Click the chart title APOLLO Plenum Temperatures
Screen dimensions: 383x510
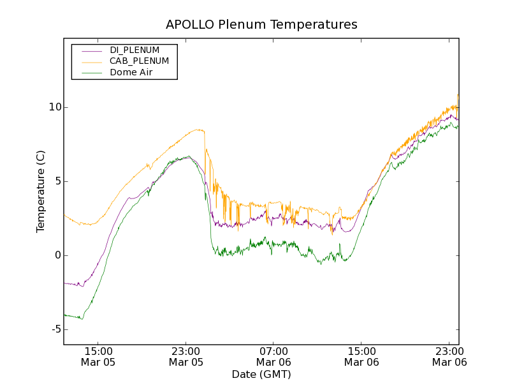pyautogui.click(x=261, y=25)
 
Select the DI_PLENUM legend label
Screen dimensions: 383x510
pyautogui.click(x=135, y=50)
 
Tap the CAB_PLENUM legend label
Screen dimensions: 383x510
pyautogui.click(x=139, y=61)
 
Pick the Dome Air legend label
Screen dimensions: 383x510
pyautogui.click(x=131, y=73)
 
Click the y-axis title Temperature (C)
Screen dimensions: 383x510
pyautogui.click(x=41, y=191)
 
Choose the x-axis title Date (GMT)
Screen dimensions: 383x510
pyautogui.click(x=261, y=374)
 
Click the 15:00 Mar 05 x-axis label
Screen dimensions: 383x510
pyautogui.click(x=98, y=356)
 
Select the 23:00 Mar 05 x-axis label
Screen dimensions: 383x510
pyautogui.click(x=186, y=356)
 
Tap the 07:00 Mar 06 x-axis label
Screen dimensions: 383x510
pyautogui.click(x=273, y=356)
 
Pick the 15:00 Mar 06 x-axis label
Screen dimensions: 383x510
pyautogui.click(x=361, y=356)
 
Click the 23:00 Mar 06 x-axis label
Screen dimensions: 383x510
pyautogui.click(x=449, y=356)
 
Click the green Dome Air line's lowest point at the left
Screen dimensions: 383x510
pyautogui.click(x=82, y=319)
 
